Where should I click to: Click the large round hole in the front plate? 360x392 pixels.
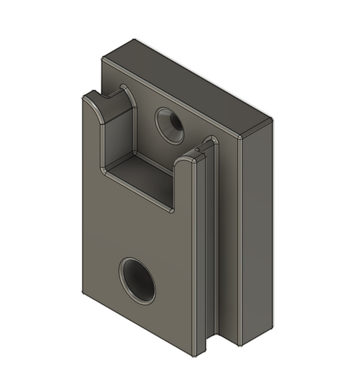(x=138, y=279)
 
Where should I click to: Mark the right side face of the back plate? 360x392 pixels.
(x=257, y=229)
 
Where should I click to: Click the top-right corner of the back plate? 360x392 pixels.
(x=271, y=121)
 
